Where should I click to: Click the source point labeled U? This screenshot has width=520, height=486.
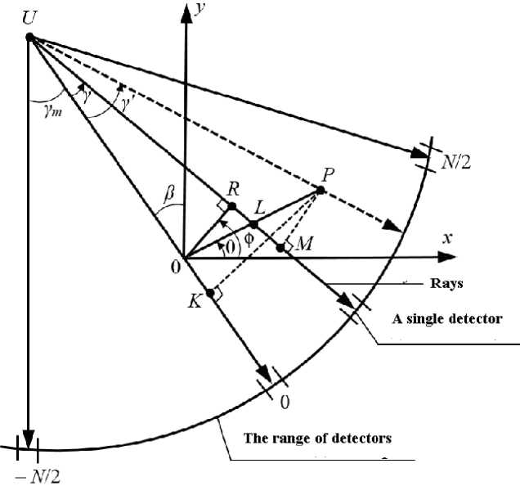(30, 37)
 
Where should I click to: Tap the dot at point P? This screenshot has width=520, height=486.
(321, 190)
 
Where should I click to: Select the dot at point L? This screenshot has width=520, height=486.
(253, 223)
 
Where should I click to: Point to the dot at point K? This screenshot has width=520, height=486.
(211, 293)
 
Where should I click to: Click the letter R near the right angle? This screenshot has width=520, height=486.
(233, 187)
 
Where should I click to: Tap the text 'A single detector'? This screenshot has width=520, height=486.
(446, 319)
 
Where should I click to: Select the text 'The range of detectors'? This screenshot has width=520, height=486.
(317, 438)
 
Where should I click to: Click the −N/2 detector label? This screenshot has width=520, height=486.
(26, 474)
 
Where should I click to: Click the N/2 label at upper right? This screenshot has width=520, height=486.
(457, 163)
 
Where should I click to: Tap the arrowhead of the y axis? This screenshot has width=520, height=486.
(186, 10)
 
